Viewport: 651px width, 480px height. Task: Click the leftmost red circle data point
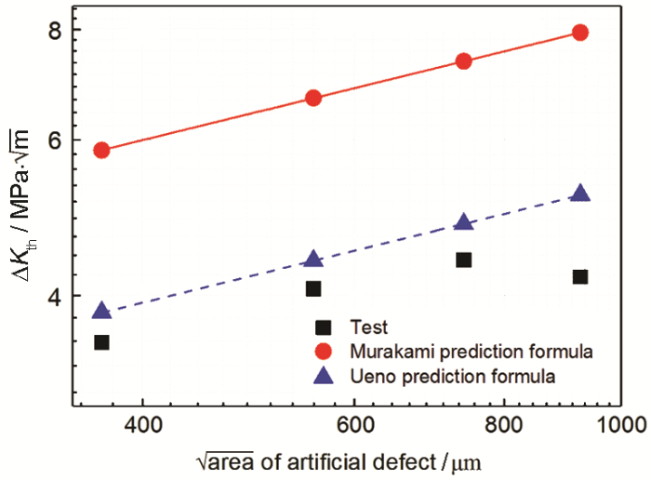click(x=102, y=150)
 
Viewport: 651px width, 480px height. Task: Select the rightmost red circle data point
click(x=580, y=33)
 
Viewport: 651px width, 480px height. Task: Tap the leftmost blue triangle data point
click(x=102, y=311)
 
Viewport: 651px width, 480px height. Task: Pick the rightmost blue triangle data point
click(x=580, y=193)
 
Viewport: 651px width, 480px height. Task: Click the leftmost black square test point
click(x=102, y=342)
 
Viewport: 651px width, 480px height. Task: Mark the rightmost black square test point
click(x=580, y=276)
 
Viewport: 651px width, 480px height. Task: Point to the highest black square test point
click(x=463, y=260)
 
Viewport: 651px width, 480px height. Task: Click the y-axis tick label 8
click(x=54, y=30)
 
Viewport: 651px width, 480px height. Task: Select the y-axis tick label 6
click(x=54, y=140)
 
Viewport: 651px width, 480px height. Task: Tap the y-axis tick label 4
click(x=54, y=297)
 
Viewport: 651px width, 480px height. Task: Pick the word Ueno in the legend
click(x=369, y=377)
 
